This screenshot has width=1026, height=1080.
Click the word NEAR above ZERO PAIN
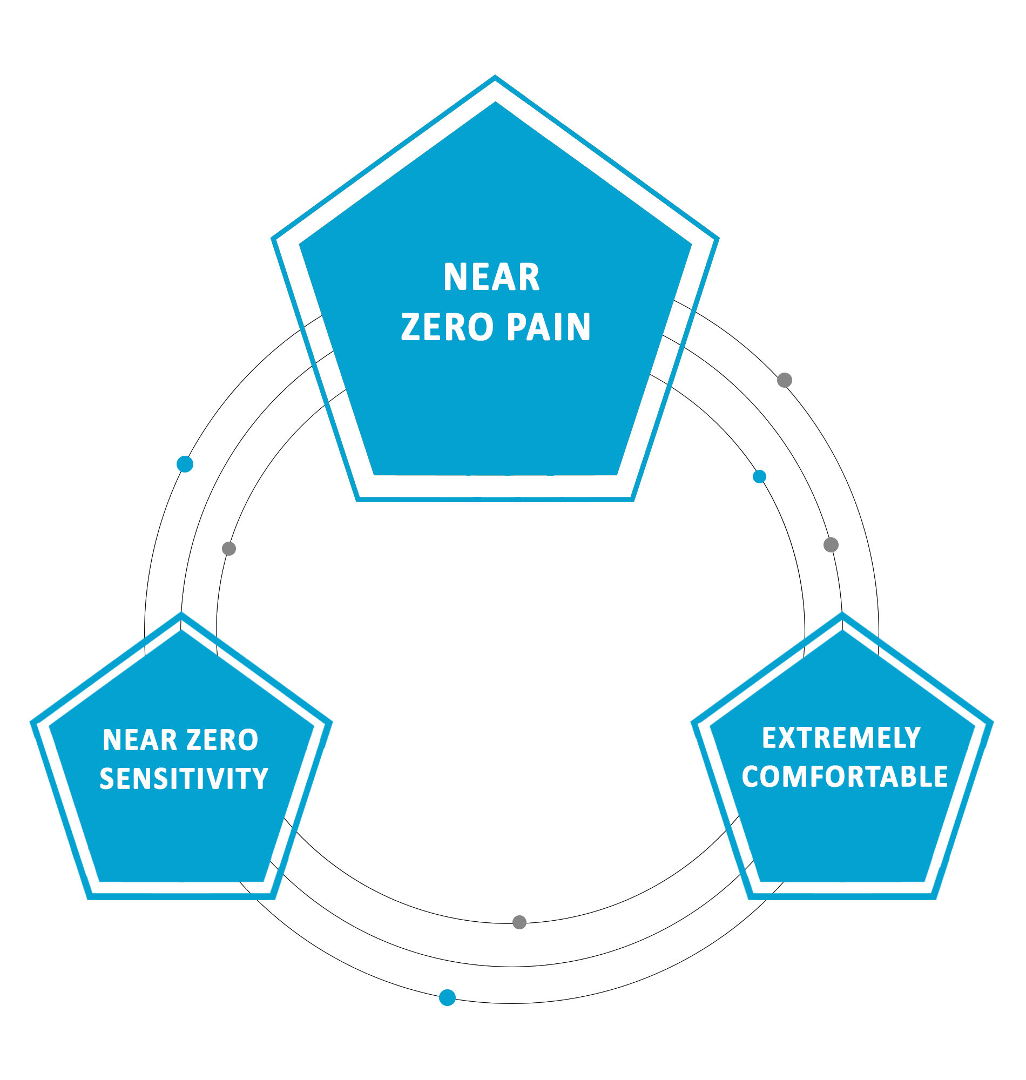pyautogui.click(x=491, y=277)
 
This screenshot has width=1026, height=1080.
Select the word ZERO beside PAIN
pyautogui.click(x=447, y=327)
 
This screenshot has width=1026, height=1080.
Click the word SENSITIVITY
pyautogui.click(x=184, y=779)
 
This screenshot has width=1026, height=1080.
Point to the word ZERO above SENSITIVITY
pyautogui.click(x=222, y=740)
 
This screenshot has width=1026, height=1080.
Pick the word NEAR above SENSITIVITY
pyautogui.click(x=140, y=740)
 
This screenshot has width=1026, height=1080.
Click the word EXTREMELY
pyautogui.click(x=842, y=738)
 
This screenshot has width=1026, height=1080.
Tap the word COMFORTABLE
pyautogui.click(x=845, y=777)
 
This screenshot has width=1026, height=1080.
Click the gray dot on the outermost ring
pyautogui.click(x=784, y=380)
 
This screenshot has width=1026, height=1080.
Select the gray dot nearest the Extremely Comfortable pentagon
pyautogui.click(x=831, y=545)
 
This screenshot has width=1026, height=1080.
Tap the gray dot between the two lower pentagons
pyautogui.click(x=519, y=922)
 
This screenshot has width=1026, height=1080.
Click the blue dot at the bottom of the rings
pyautogui.click(x=447, y=997)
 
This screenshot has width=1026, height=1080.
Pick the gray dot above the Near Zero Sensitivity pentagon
pyautogui.click(x=228, y=549)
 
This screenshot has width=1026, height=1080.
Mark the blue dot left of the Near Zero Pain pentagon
pyautogui.click(x=185, y=464)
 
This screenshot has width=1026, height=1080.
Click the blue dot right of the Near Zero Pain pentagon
pyautogui.click(x=759, y=477)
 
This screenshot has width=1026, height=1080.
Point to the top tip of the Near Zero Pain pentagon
pyautogui.click(x=495, y=77)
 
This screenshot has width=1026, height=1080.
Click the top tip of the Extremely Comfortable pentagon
pyautogui.click(x=842, y=615)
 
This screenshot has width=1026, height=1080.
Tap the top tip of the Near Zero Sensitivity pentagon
pyautogui.click(x=181, y=615)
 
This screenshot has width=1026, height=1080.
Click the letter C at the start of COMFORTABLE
pyautogui.click(x=752, y=777)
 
